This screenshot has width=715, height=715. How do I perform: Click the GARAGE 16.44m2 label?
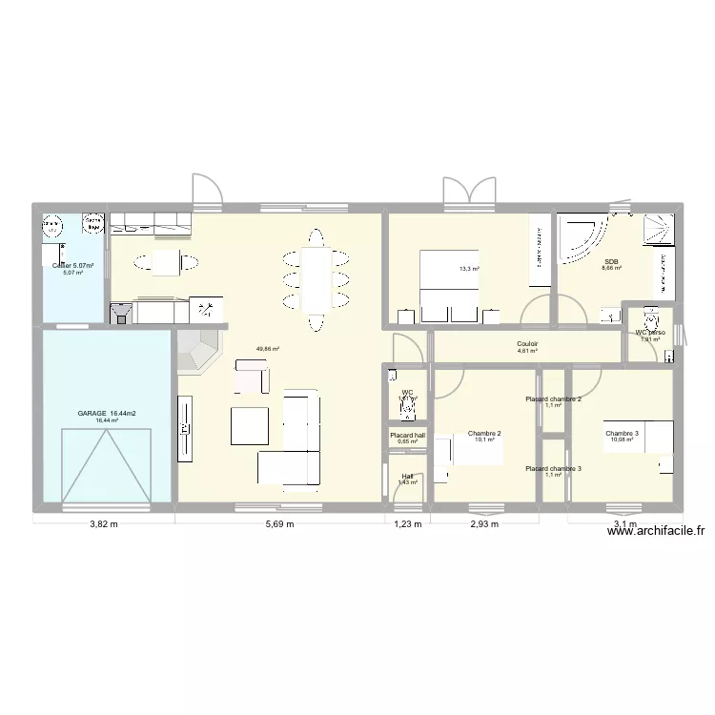pyautogui.click(x=106, y=413)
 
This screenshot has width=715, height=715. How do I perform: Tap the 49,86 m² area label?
pyautogui.click(x=268, y=349)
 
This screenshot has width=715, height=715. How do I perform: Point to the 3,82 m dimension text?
pyautogui.click(x=104, y=523)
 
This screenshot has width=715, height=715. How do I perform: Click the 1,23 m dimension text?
pyautogui.click(x=406, y=523)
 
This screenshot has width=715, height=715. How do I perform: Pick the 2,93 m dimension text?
pyautogui.click(x=484, y=523)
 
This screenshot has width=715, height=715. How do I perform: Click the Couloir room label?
pyautogui.click(x=528, y=343)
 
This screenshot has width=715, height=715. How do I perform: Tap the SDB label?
pyautogui.click(x=611, y=261)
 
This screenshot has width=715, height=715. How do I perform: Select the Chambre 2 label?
pyautogui.click(x=484, y=434)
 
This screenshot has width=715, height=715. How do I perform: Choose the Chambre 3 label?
pyautogui.click(x=622, y=434)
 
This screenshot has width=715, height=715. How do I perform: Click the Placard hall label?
pyautogui.click(x=407, y=435)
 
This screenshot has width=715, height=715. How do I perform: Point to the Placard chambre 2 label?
pyautogui.click(x=553, y=398)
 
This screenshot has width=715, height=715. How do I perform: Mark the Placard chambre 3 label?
pyautogui.click(x=553, y=468)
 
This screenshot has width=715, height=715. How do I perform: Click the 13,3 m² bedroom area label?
pyautogui.click(x=469, y=269)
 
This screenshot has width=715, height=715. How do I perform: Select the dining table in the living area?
pyautogui.click(x=315, y=277)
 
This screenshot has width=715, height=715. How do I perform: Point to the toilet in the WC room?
pyautogui.click(x=407, y=409)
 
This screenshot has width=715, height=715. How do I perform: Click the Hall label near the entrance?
pyautogui.click(x=407, y=476)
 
